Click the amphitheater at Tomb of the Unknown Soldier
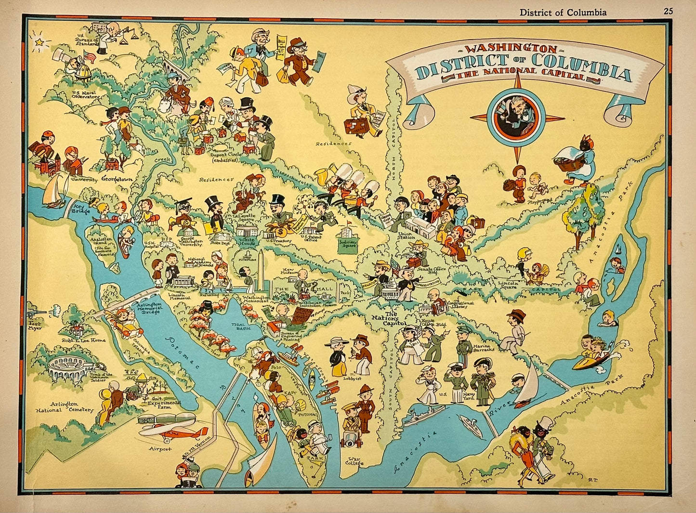pos(67,369)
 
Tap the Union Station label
pos(407,236)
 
